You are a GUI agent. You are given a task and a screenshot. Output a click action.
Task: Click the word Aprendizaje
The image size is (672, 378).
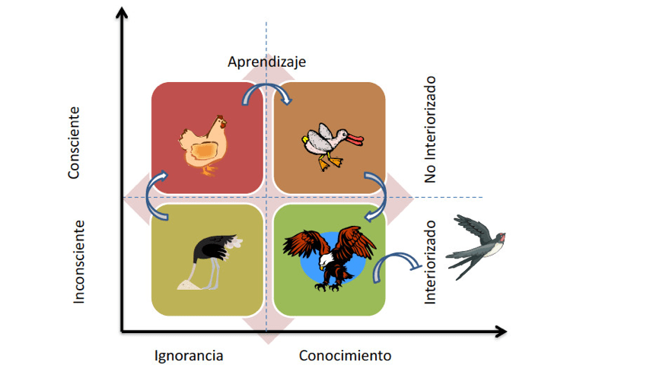click(266, 62)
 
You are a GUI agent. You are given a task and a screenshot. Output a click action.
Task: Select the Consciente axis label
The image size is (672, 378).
click(74, 142)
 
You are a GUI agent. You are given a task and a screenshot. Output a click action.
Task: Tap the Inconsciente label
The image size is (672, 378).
click(78, 262)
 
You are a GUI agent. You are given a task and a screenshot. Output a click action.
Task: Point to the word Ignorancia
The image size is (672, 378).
click(189, 355)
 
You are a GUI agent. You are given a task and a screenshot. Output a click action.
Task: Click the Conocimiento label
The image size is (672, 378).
click(345, 355)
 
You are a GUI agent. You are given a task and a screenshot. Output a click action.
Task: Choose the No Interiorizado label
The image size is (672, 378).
click(431, 129)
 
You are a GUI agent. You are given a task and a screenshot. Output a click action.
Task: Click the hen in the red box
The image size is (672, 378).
click(202, 144)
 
